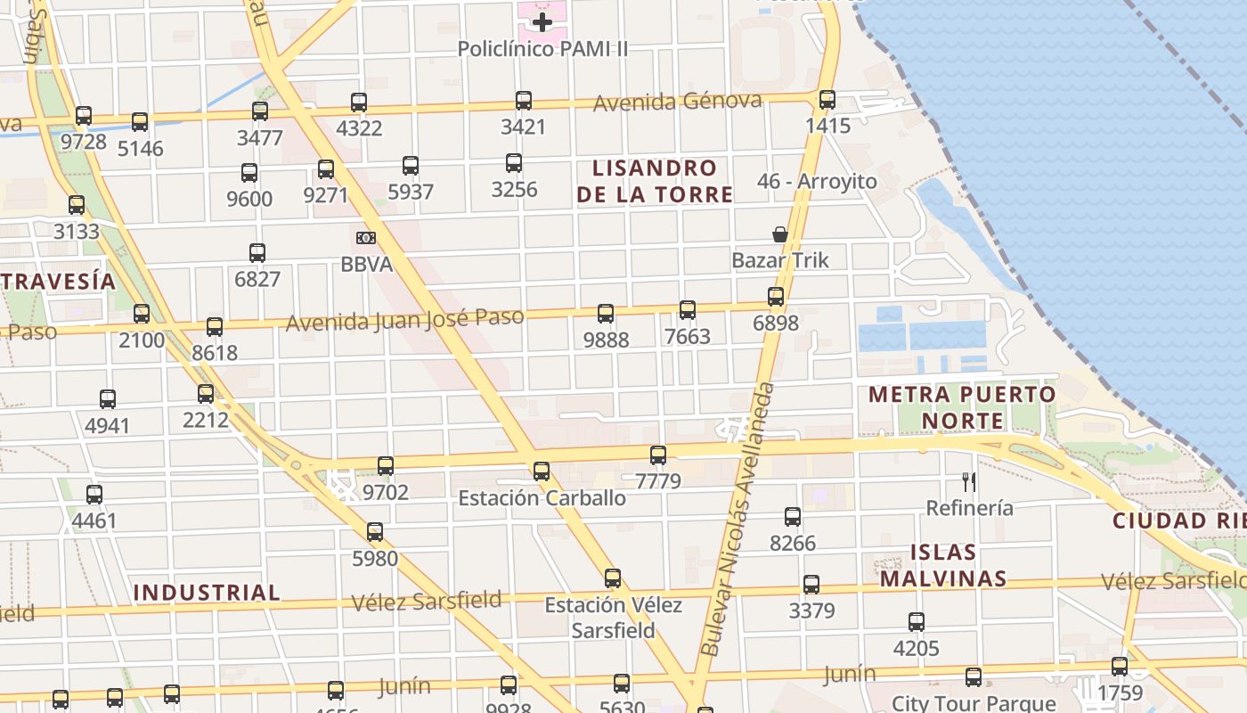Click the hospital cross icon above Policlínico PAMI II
(542, 21)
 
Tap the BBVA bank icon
(365, 238)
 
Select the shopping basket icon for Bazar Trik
(780, 234)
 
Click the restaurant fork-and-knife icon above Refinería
(969, 482)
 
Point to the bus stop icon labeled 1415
(827, 100)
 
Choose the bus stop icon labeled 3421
(523, 101)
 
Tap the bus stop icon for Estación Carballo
(541, 471)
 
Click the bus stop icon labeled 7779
(658, 455)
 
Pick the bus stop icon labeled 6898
(776, 297)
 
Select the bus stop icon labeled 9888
(606, 314)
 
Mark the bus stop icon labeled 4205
(917, 622)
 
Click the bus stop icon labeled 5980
(375, 532)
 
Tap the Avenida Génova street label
(677, 102)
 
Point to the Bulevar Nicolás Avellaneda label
(737, 520)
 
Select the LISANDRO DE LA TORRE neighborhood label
(655, 181)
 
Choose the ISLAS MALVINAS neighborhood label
(943, 565)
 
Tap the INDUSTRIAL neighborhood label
(207, 593)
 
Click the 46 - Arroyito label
(817, 182)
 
